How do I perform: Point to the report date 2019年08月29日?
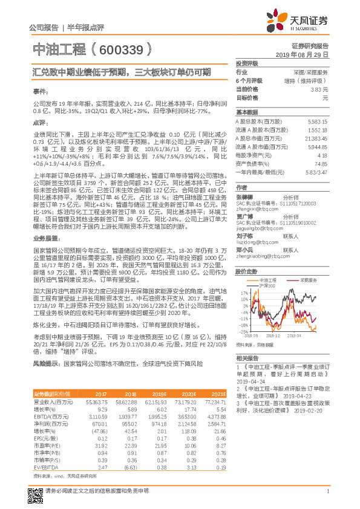point(306,54)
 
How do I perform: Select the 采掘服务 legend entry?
point(309,280)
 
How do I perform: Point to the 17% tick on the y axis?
point(242,293)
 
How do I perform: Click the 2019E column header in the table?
point(158,394)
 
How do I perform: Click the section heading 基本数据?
point(247,112)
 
